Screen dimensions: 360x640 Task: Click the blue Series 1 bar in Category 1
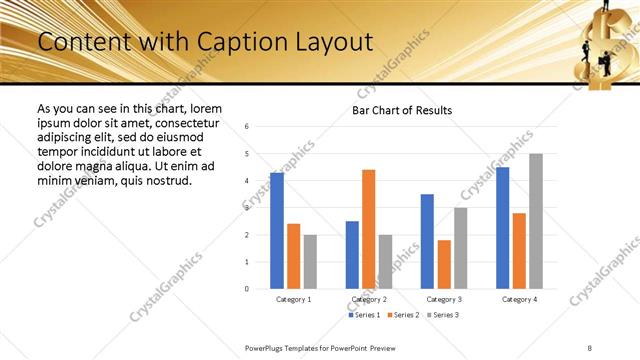click(x=277, y=231)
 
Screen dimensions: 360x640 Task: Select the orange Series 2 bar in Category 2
click(x=369, y=229)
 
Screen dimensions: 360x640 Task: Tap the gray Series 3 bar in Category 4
click(x=536, y=221)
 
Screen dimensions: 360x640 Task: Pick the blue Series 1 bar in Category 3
click(x=427, y=241)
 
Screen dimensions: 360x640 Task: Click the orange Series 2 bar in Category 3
click(x=444, y=264)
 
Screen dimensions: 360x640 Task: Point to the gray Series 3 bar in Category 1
click(x=310, y=262)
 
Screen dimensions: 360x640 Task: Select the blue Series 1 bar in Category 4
click(x=502, y=228)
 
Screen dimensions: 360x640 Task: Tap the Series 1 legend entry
click(x=362, y=315)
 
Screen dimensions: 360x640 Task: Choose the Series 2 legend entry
click(x=402, y=315)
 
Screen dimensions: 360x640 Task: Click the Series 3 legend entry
click(x=442, y=315)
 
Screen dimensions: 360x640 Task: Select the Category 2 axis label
click(x=369, y=299)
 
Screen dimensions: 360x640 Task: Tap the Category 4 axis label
click(x=520, y=299)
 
